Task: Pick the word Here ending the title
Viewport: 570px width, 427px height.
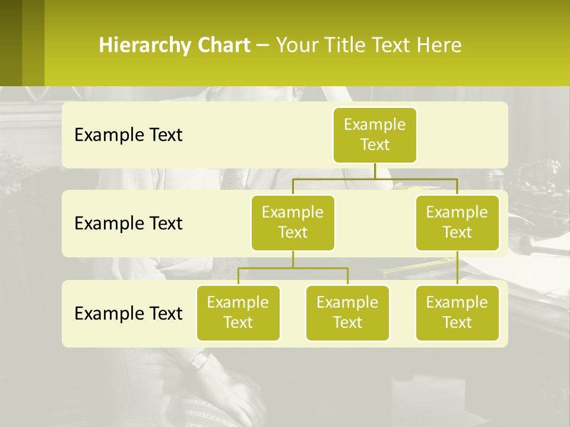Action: [x=439, y=46]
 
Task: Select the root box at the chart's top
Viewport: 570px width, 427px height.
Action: [x=375, y=135]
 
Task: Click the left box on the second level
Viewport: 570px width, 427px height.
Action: [x=293, y=222]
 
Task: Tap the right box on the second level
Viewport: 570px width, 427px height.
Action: [x=457, y=222]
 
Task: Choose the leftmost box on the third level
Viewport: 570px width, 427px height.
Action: [x=238, y=313]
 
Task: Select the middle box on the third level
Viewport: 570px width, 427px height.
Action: [x=347, y=313]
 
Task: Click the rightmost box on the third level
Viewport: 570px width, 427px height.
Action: [x=457, y=313]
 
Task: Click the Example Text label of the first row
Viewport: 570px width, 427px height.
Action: [x=128, y=135]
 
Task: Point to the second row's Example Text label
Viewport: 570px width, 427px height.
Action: [x=128, y=223]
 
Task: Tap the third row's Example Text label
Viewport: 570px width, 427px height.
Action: [x=128, y=313]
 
